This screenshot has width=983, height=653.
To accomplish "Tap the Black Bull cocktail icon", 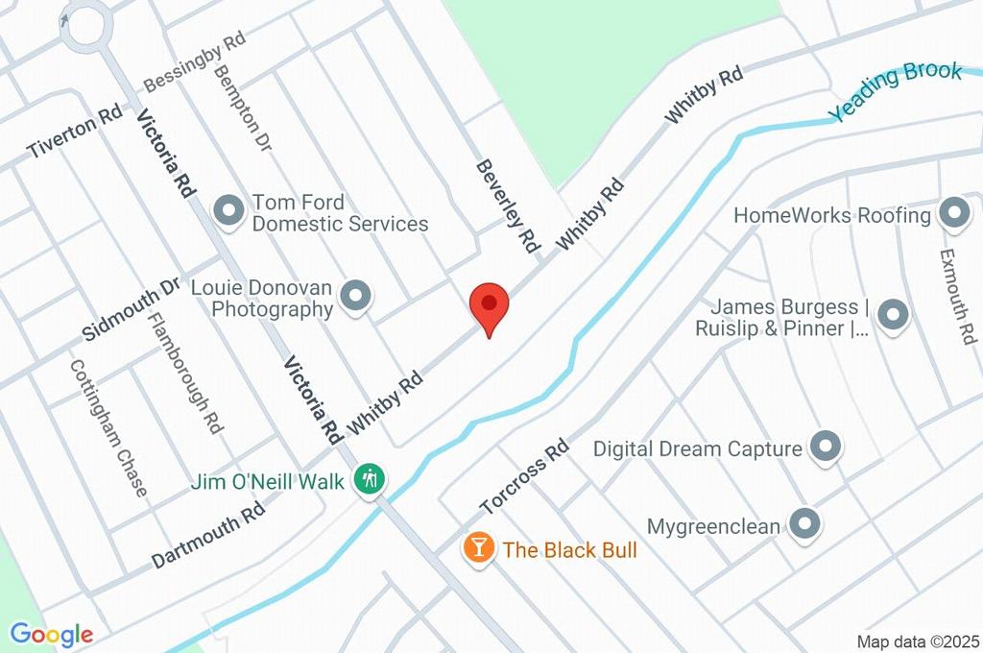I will coord(477,548).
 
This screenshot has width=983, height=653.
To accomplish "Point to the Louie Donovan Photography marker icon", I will coord(356,297).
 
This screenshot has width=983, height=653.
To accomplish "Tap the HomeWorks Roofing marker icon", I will coord(953,214).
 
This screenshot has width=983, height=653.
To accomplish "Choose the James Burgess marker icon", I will coord(893,315).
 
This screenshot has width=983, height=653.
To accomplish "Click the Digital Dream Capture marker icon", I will coord(825,447).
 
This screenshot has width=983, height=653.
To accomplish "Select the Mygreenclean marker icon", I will coord(804,524).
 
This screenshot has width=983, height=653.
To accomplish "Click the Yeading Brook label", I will coord(895,91).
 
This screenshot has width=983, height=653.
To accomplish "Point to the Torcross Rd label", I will coord(524,476).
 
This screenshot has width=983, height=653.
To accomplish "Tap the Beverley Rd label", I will coord(508,206).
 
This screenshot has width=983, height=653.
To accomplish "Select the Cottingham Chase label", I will coord(108,428).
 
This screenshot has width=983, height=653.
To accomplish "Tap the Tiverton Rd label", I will coord(74,136).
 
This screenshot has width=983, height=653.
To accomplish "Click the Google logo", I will coord(51,635).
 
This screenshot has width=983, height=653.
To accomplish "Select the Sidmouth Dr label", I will coord(132,309).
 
